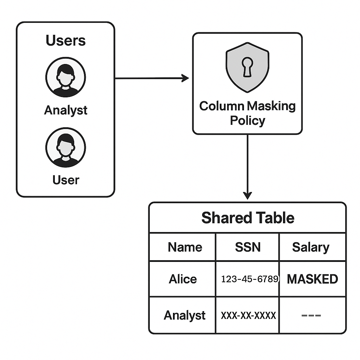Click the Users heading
click(x=65, y=41)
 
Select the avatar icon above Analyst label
click(x=65, y=77)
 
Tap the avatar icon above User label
click(x=65, y=147)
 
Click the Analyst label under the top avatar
click(x=65, y=110)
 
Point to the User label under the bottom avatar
click(x=65, y=180)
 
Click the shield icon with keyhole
click(x=247, y=67)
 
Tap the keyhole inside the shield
click(x=247, y=67)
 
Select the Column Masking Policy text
click(x=247, y=113)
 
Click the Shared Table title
click(x=247, y=218)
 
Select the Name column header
click(x=185, y=247)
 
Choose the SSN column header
click(x=247, y=247)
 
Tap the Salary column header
click(x=310, y=247)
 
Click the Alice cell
click(x=183, y=279)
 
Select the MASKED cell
click(x=312, y=279)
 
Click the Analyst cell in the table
click(x=184, y=315)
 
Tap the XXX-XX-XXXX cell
click(x=248, y=315)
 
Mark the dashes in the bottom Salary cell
click(x=311, y=315)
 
